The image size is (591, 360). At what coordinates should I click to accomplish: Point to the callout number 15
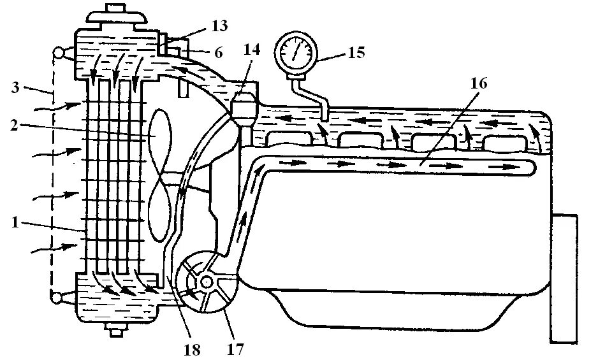pyautogui.click(x=355, y=52)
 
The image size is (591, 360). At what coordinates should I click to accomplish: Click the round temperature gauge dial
pyautogui.click(x=295, y=50)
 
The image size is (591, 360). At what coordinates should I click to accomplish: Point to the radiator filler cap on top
pyautogui.click(x=117, y=15)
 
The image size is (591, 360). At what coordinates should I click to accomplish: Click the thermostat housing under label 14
pyautogui.click(x=244, y=106)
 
